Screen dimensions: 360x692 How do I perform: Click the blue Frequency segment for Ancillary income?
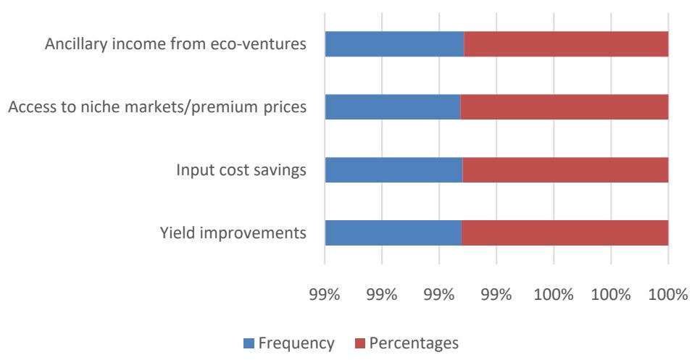coord(393,45)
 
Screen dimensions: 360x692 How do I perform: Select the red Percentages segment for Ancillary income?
coord(566,45)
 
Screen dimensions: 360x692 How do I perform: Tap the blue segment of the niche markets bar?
coord(392,107)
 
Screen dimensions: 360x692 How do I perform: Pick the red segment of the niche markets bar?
coord(564,107)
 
